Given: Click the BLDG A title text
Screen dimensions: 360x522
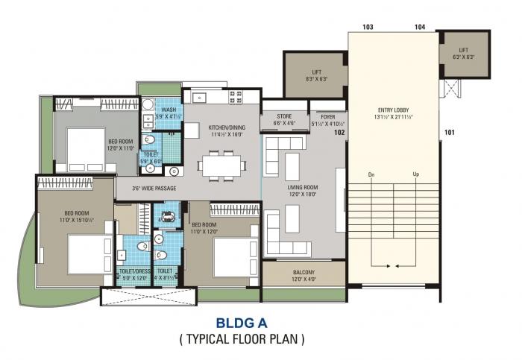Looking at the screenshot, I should point(241,323).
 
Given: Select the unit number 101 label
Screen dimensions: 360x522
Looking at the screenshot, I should point(449,133).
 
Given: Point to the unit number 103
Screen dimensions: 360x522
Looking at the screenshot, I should point(368,27).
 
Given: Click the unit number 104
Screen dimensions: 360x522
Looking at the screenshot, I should point(420,27).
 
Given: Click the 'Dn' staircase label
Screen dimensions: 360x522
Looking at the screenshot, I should point(371,174).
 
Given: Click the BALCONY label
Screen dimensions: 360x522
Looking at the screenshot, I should point(304,274).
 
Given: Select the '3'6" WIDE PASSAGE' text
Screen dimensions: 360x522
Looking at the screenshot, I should point(154,188).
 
